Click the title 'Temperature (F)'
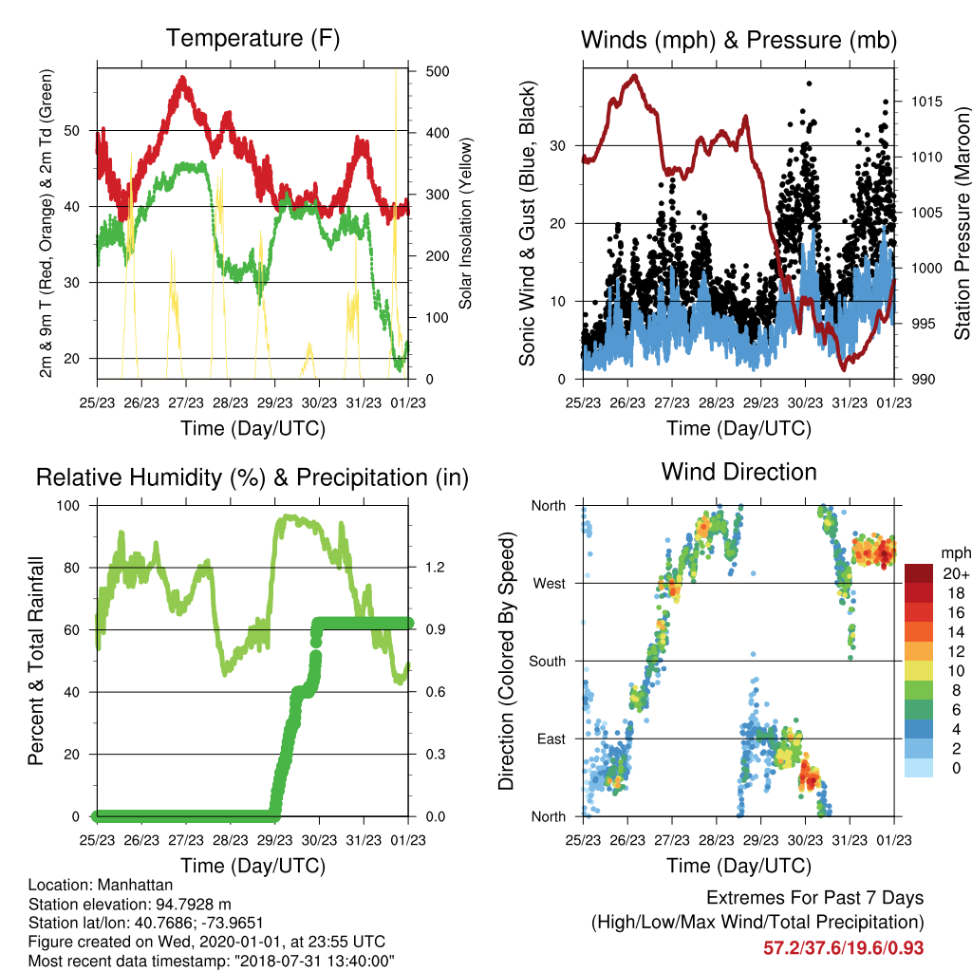(252, 38)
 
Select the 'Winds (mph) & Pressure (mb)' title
(738, 40)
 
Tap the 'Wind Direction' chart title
(738, 472)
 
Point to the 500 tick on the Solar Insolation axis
(438, 71)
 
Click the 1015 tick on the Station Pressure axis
(926, 101)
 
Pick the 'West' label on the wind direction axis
(550, 584)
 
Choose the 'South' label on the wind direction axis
(548, 662)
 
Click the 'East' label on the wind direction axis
(551, 738)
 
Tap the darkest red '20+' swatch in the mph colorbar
(919, 573)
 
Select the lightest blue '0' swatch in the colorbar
(919, 768)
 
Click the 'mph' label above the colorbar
(956, 553)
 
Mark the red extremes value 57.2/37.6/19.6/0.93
(844, 948)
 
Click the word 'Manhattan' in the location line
(135, 885)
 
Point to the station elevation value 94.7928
(189, 904)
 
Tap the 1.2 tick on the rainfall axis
(435, 568)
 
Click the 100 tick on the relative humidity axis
(68, 505)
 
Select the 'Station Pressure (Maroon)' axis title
(962, 223)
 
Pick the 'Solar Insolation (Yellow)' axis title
(465, 223)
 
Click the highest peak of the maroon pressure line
(634, 77)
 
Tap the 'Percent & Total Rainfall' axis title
(36, 661)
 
